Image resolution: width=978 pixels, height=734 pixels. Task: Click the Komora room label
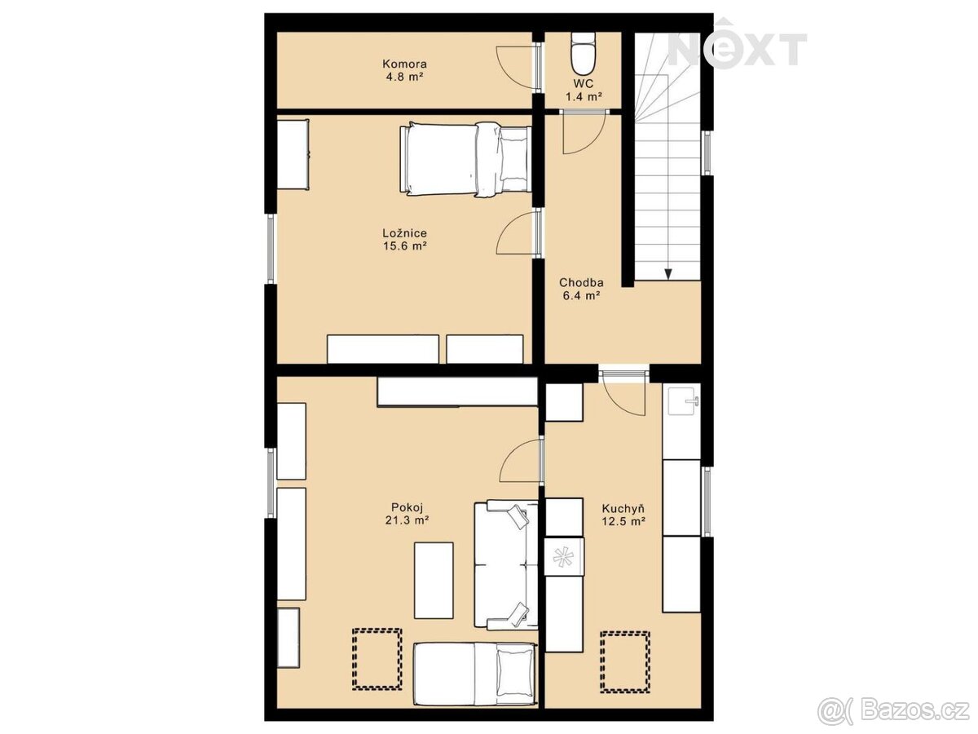click(x=404, y=64)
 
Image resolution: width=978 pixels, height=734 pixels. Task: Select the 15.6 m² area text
click(x=405, y=245)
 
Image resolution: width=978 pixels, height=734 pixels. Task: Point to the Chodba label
click(x=581, y=282)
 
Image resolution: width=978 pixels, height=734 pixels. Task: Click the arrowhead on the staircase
click(x=667, y=274)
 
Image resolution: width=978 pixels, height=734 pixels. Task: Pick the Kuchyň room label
click(x=623, y=508)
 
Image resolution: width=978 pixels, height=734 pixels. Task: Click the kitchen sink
click(x=681, y=401)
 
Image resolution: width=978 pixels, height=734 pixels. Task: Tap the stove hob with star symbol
click(x=564, y=557)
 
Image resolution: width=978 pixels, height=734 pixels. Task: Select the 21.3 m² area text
click(x=407, y=520)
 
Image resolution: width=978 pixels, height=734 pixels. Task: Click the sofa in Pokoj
click(x=506, y=565)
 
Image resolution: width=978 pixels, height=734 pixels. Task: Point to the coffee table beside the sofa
click(x=434, y=580)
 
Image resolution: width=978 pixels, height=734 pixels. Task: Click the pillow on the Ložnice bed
click(x=513, y=161)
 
